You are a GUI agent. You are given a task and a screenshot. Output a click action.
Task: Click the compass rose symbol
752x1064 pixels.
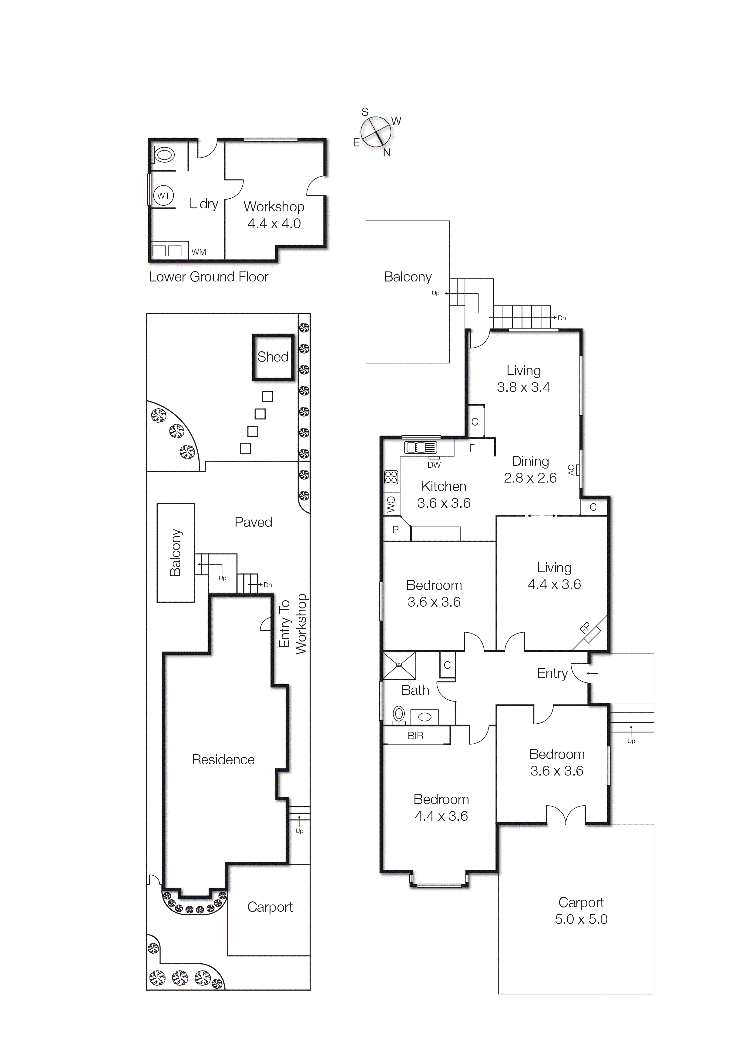pyautogui.click(x=375, y=132)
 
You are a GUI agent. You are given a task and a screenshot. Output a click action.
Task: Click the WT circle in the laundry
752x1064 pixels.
pyautogui.click(x=163, y=196)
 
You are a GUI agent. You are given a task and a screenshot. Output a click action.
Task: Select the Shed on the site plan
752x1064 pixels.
pyautogui.click(x=273, y=357)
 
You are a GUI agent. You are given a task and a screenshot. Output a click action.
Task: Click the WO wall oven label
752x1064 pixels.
pyautogui.click(x=391, y=504)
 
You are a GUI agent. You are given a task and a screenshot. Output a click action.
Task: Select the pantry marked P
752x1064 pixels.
pyautogui.click(x=395, y=530)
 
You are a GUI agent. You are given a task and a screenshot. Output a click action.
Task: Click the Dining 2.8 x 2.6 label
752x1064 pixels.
pyautogui.click(x=530, y=470)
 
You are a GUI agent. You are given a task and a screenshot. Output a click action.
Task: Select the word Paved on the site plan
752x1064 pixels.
pyautogui.click(x=253, y=522)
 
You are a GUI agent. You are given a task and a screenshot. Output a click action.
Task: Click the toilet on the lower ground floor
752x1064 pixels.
pyautogui.click(x=163, y=154)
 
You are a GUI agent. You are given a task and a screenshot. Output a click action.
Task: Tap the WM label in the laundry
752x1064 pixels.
pyautogui.click(x=199, y=252)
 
